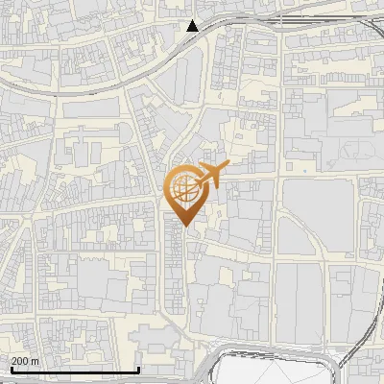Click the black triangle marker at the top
pos(193,26)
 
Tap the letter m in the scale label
pos(36,361)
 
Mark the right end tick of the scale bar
pos(139,369)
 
